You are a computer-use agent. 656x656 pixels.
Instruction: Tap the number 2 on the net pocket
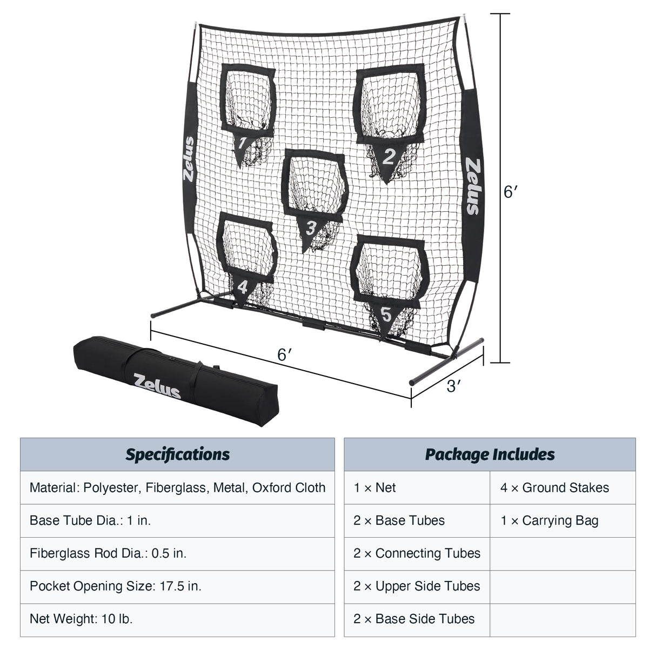(389, 157)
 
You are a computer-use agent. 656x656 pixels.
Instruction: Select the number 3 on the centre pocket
(310, 228)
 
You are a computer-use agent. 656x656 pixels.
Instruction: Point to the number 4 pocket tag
(243, 286)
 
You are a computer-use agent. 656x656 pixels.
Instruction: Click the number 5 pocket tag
(386, 314)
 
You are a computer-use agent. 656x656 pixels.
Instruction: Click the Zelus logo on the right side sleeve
(472, 186)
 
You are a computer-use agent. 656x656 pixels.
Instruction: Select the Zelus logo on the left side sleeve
(189, 160)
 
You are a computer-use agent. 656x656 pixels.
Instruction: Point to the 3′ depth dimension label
(454, 386)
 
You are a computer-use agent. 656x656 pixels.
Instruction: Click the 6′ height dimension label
(511, 192)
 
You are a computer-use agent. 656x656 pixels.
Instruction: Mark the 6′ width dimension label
(285, 354)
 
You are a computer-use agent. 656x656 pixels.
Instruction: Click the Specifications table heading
(177, 454)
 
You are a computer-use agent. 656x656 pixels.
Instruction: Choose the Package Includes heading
(490, 454)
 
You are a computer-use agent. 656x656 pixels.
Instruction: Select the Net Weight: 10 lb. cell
(81, 619)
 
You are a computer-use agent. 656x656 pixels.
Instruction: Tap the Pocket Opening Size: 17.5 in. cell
(116, 586)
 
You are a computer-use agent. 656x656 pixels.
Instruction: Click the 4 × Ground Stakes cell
(554, 487)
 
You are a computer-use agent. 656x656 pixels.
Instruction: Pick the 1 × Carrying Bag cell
(549, 520)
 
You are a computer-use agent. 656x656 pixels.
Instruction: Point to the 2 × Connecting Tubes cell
(417, 553)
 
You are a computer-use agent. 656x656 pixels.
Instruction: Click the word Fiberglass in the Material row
(178, 487)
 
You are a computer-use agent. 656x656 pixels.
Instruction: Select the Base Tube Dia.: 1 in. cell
(90, 520)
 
